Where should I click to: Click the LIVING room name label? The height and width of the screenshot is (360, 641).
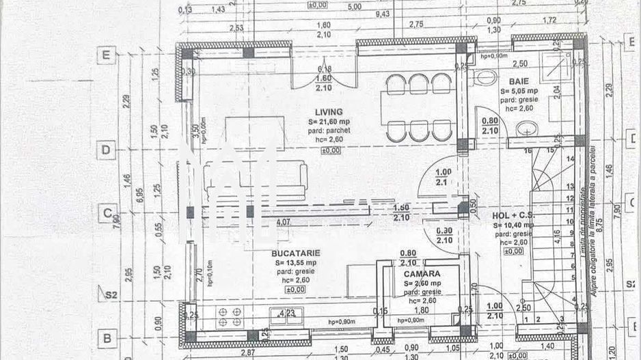click(x=329, y=112)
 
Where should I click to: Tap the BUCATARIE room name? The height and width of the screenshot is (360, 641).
click(x=295, y=253)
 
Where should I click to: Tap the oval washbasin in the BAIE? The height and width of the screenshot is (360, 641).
click(x=527, y=129)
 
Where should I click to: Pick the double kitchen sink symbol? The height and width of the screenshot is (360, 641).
click(x=286, y=315)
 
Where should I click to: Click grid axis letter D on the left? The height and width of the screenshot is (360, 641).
click(x=106, y=150)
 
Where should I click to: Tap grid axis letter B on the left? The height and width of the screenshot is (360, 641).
click(x=106, y=337)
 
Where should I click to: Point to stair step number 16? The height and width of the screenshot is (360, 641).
click(x=527, y=150)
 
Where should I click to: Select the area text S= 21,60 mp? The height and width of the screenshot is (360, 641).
click(x=329, y=122)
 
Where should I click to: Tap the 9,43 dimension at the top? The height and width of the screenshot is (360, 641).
click(x=383, y=13)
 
